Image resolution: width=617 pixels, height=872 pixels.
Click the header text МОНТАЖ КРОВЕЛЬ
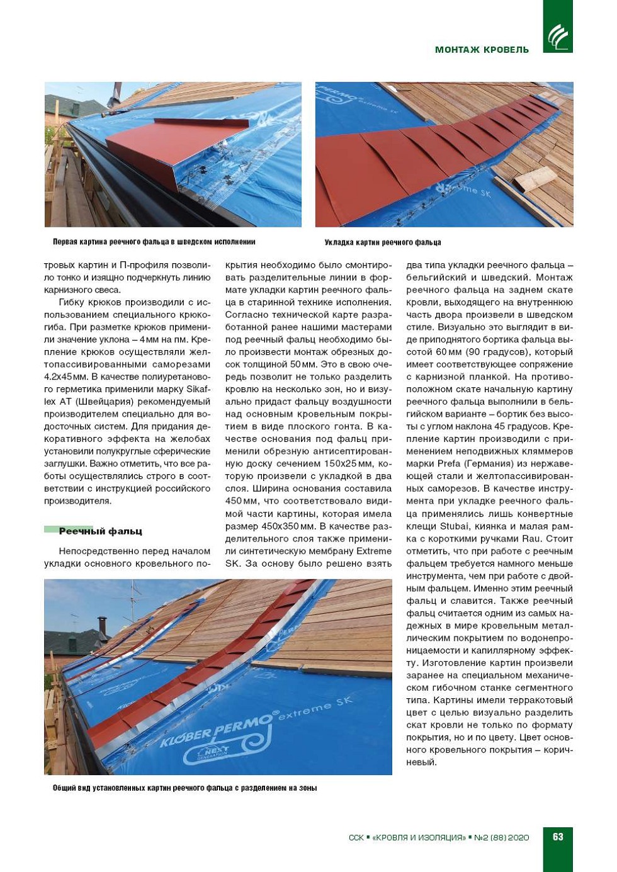click(x=482, y=50)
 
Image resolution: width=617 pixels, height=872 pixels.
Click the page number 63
click(x=558, y=837)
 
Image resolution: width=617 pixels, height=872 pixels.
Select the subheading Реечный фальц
click(x=100, y=531)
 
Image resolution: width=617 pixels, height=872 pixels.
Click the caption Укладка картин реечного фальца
click(x=383, y=242)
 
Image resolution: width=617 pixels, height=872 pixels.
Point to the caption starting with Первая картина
click(x=154, y=242)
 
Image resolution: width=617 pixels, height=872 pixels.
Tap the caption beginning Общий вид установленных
click(x=184, y=788)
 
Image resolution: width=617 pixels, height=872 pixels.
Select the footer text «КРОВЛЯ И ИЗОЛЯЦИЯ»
click(x=419, y=837)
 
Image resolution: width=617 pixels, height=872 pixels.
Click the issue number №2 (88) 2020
click(x=501, y=837)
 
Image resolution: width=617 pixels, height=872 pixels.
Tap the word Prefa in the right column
click(x=450, y=464)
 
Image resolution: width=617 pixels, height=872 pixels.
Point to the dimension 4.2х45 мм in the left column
click(x=66, y=377)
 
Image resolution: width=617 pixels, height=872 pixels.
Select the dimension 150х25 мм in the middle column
click(x=340, y=464)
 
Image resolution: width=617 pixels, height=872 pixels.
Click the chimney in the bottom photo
click(x=102, y=627)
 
